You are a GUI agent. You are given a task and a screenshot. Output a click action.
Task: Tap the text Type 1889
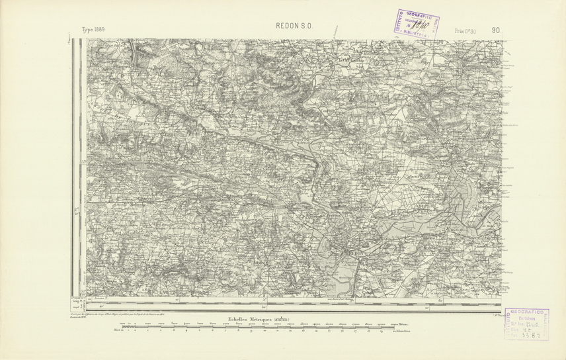(93, 30)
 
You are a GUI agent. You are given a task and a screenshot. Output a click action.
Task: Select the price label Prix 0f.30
(466, 30)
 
